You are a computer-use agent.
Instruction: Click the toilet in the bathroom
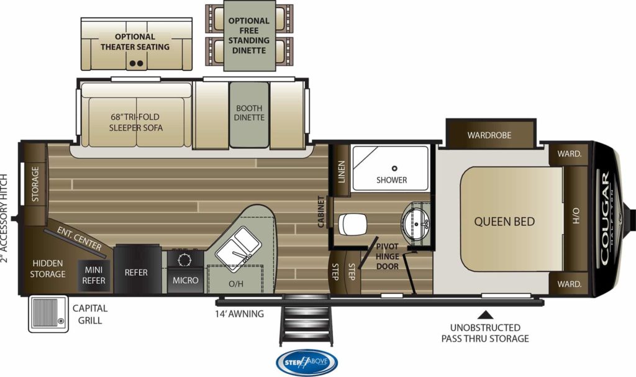click(352, 224)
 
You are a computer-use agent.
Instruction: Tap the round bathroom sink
click(416, 222)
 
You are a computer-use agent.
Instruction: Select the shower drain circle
click(394, 168)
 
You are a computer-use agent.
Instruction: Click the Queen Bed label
click(504, 222)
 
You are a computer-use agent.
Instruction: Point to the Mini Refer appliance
click(94, 275)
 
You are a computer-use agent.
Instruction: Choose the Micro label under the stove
click(185, 280)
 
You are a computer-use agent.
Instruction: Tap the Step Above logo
click(306, 362)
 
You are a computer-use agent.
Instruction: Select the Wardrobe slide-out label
click(489, 135)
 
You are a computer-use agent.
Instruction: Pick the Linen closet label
click(341, 171)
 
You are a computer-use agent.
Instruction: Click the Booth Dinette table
click(249, 115)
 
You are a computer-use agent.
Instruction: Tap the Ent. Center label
click(79, 238)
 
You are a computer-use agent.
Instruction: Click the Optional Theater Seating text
click(135, 42)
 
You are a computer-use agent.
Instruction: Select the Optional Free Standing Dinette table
click(249, 35)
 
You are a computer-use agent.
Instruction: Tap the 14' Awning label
click(239, 314)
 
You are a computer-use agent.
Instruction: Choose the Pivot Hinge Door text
click(387, 257)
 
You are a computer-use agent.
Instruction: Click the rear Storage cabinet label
click(35, 184)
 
